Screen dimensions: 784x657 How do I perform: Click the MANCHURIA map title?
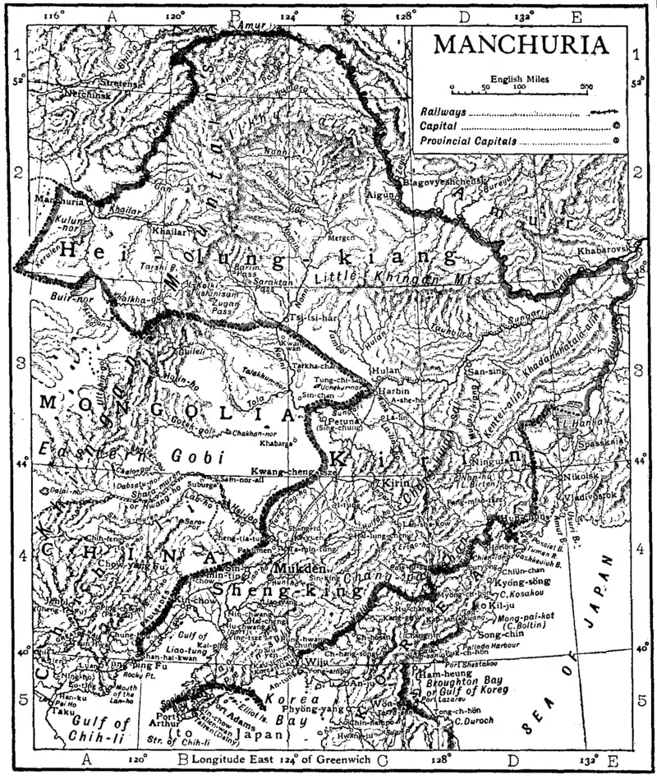[x=521, y=44]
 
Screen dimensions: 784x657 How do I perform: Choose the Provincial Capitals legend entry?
[x=470, y=141]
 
